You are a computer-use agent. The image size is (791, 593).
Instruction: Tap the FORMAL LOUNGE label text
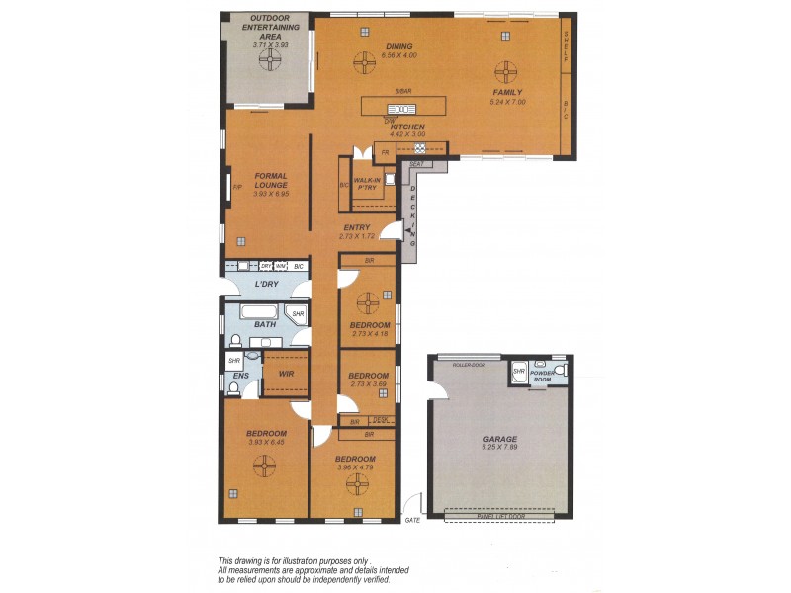(x=270, y=181)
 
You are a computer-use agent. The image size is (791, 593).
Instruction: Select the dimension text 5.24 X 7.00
(x=507, y=102)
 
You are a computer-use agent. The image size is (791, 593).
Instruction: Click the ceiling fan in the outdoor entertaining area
(x=269, y=61)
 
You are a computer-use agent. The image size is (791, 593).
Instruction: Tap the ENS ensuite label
(x=239, y=376)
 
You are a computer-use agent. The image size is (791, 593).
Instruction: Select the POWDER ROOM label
(x=543, y=377)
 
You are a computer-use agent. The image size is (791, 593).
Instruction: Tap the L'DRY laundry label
(x=265, y=285)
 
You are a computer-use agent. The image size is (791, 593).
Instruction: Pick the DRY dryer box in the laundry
(x=266, y=266)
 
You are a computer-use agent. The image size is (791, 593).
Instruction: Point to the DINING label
(x=399, y=46)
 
